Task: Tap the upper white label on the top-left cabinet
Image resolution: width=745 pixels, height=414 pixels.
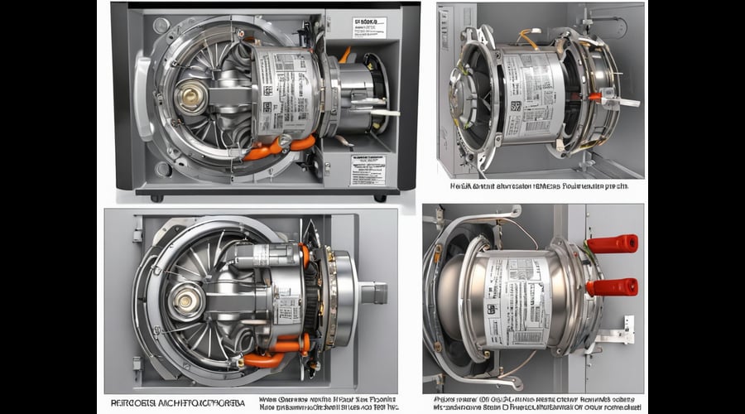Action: (x=368, y=27)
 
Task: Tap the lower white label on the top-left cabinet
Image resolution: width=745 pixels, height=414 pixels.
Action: (x=368, y=170)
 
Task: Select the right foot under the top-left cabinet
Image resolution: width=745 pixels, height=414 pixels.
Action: (x=379, y=197)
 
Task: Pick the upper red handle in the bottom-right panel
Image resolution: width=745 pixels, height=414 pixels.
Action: (x=613, y=243)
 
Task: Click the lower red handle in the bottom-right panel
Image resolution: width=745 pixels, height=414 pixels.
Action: (x=613, y=286)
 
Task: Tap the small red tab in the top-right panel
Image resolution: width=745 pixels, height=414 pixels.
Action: (x=594, y=96)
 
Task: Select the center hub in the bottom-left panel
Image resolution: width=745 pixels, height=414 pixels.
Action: (x=186, y=301)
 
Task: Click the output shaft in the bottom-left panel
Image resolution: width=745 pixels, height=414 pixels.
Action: (x=373, y=292)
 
